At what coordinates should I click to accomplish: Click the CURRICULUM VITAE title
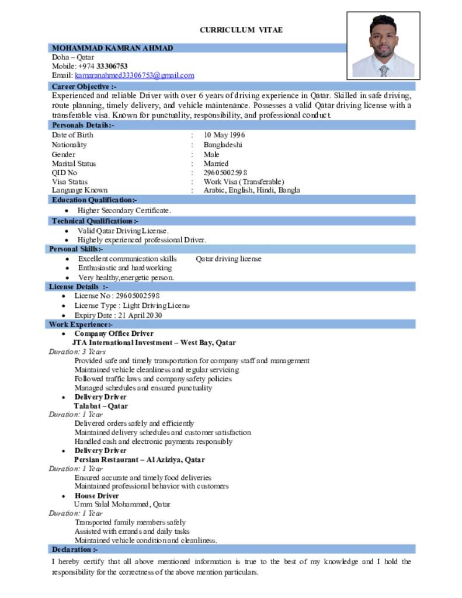pos(241,30)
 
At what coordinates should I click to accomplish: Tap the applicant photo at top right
pos(383,46)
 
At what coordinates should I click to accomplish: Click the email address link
pos(134,75)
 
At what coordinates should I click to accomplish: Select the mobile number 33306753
pos(112,67)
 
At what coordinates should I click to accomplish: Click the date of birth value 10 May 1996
pos(224,135)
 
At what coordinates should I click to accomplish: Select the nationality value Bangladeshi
pos(223,145)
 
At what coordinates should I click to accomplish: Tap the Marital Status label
pos(74,164)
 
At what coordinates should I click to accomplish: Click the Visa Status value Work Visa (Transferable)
pos(244,182)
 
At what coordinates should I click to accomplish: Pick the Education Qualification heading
pos(95,200)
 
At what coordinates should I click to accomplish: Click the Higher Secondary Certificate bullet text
pos(124,210)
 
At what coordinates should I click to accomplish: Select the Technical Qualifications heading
pos(95,221)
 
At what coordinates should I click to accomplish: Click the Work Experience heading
pos(81,324)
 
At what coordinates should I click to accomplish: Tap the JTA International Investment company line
pos(154,343)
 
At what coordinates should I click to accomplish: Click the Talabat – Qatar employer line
pos(100,406)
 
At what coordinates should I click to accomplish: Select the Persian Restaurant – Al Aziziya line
pos(139,460)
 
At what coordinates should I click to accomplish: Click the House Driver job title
pos(96,496)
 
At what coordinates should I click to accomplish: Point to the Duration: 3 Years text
pos(77,352)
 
